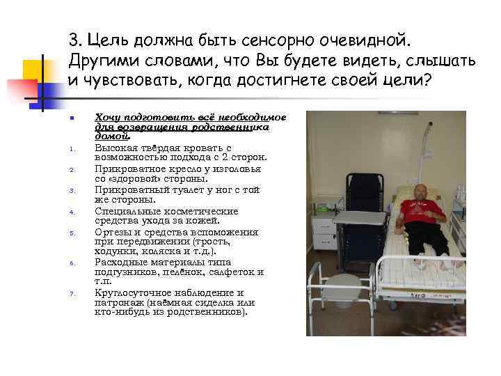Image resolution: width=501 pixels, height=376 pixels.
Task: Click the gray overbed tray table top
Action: click(358, 218)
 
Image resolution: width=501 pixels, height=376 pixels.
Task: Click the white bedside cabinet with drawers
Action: click(323, 226)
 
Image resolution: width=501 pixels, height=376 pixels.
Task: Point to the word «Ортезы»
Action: click(111, 232)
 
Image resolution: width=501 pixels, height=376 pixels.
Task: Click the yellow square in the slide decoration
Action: click(31, 70)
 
